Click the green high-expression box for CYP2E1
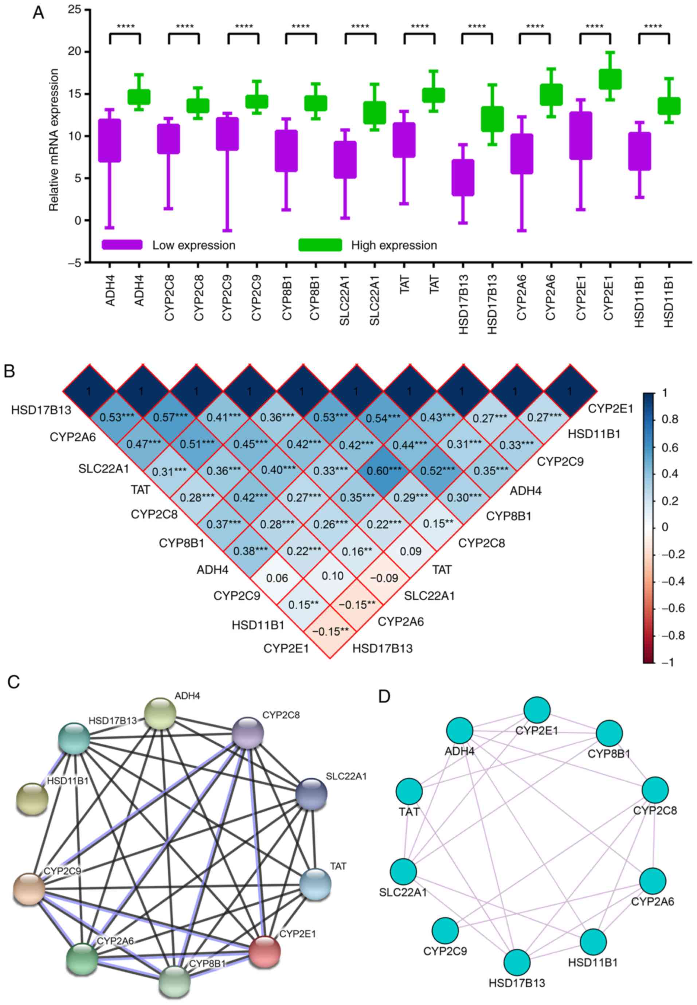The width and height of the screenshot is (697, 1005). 610,79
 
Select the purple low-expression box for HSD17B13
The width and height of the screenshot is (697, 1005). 463,177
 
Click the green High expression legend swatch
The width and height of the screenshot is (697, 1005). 320,245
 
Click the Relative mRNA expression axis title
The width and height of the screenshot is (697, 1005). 54,140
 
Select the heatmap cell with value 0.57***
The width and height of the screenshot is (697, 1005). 170,418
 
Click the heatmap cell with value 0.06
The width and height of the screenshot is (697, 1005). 277,578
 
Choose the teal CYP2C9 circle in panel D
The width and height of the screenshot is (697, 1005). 445,930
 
